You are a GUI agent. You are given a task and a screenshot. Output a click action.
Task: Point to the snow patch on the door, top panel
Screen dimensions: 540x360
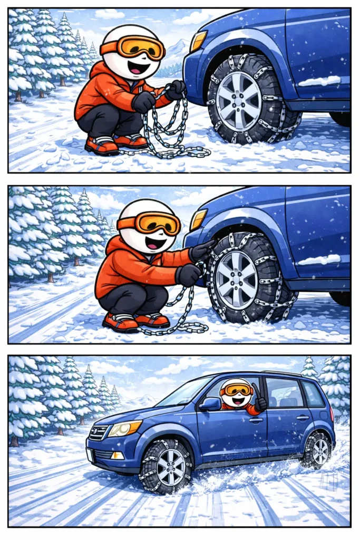[x=319, y=81]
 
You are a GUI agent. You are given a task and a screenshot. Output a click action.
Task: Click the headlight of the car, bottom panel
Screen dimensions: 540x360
[x=125, y=428]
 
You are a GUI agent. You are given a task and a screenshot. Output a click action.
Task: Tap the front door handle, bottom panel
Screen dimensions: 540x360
[x=256, y=420]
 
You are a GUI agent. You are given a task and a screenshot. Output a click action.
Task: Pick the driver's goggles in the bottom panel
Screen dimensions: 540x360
[x=236, y=389]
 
